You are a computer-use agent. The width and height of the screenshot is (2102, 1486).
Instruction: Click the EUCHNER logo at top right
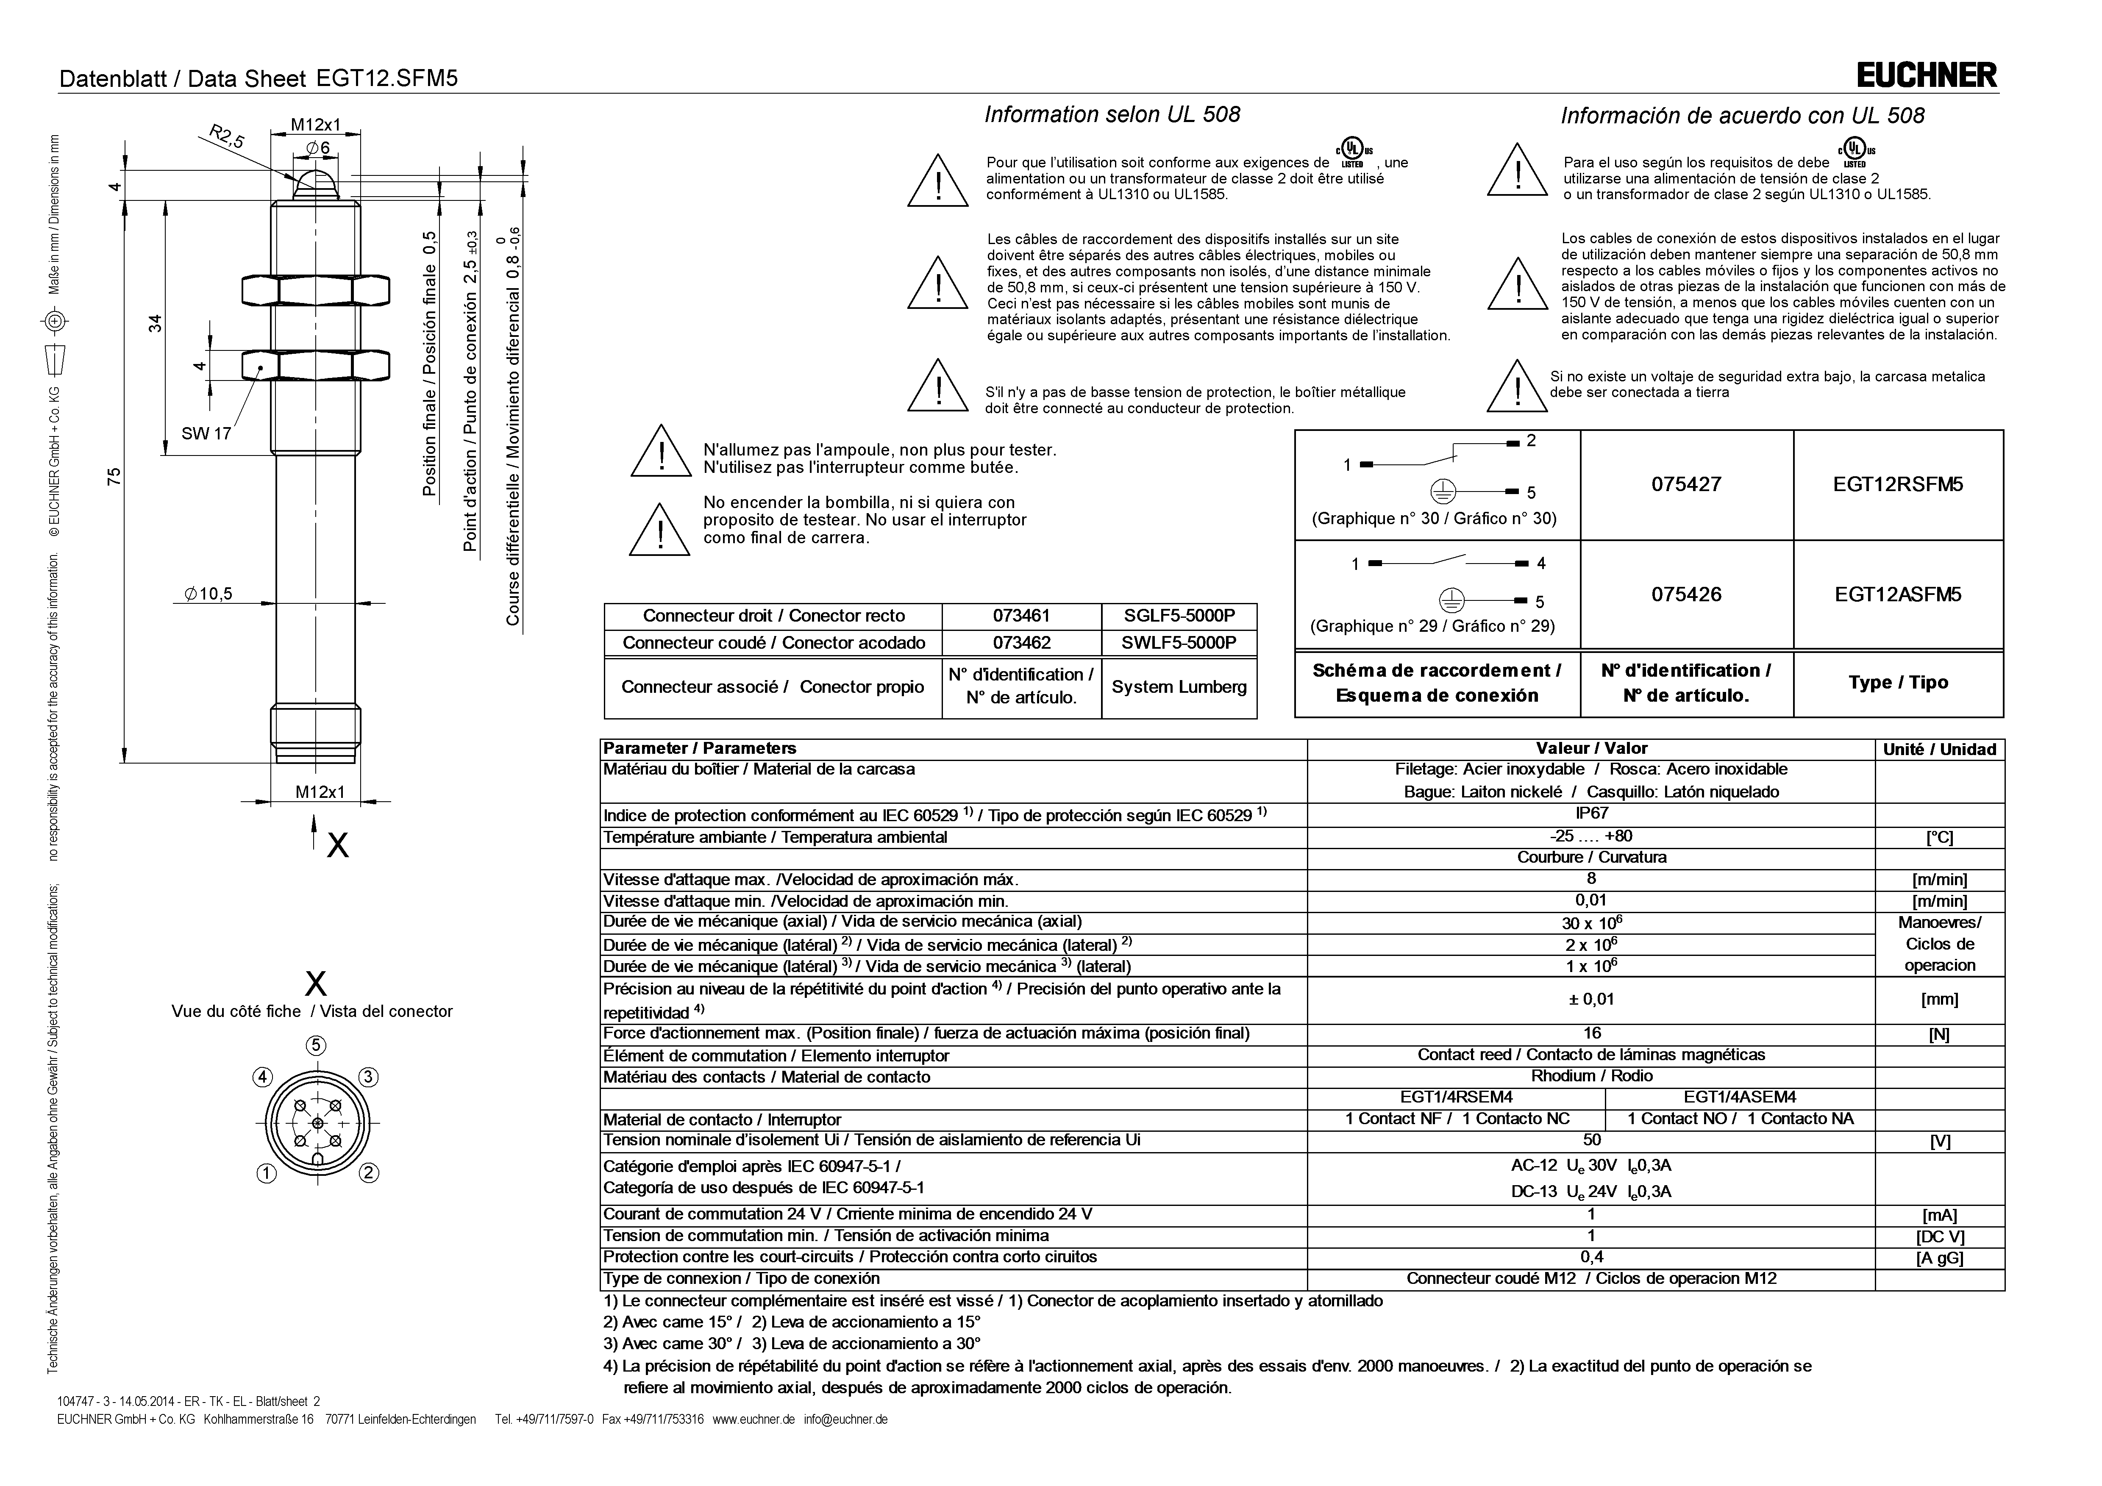point(1926,75)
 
